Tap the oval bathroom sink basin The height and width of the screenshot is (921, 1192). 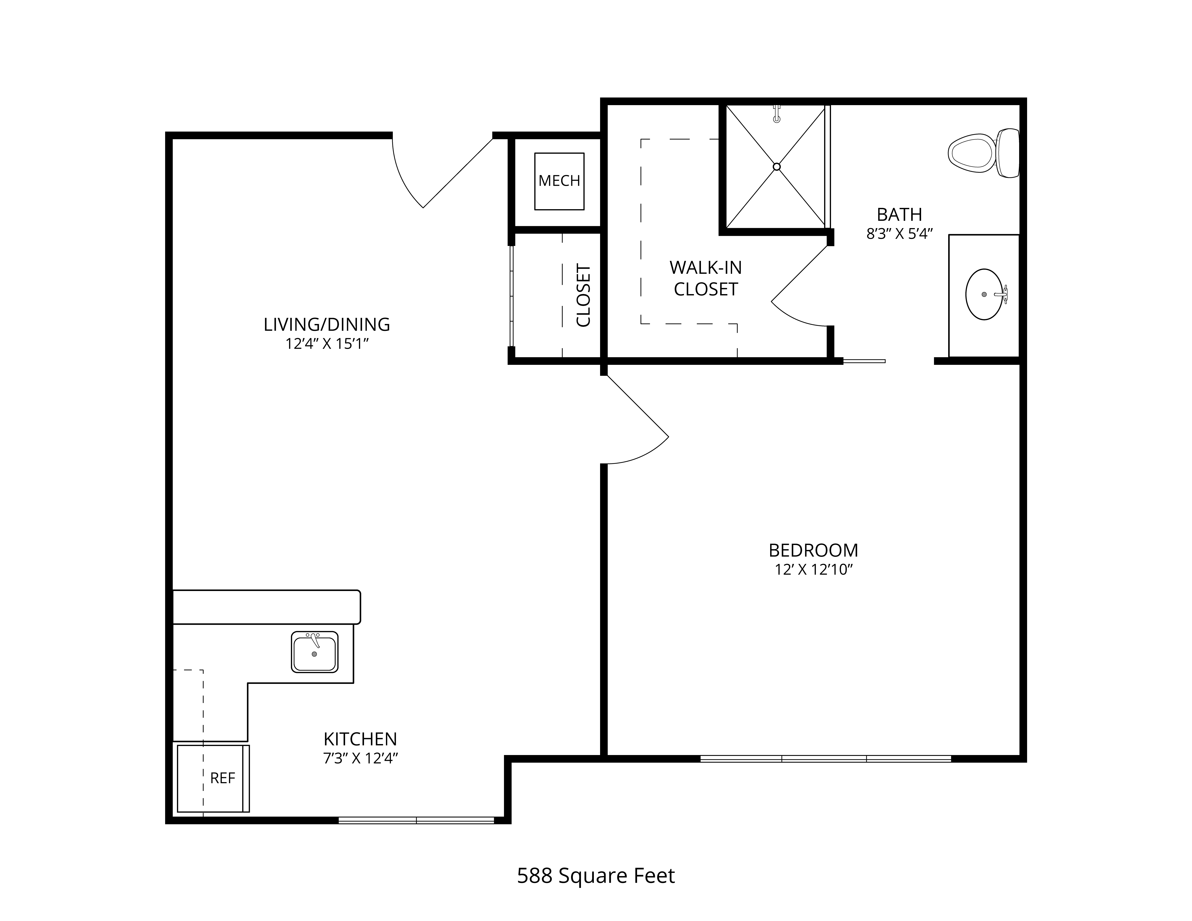pyautogui.click(x=984, y=294)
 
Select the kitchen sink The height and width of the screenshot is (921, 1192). pyautogui.click(x=314, y=652)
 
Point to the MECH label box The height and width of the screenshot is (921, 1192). pyautogui.click(x=559, y=181)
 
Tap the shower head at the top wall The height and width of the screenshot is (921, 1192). pyautogui.click(x=777, y=114)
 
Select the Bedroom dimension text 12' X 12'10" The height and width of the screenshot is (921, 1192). pyautogui.click(x=813, y=570)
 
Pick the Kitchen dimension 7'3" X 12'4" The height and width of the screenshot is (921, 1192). pyautogui.click(x=360, y=758)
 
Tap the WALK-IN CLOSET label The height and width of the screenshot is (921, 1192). pyautogui.click(x=706, y=278)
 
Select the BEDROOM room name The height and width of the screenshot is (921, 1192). pyautogui.click(x=813, y=550)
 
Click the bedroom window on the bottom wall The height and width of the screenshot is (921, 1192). pyautogui.click(x=826, y=758)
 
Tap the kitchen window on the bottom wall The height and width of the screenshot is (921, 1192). pyautogui.click(x=416, y=820)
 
